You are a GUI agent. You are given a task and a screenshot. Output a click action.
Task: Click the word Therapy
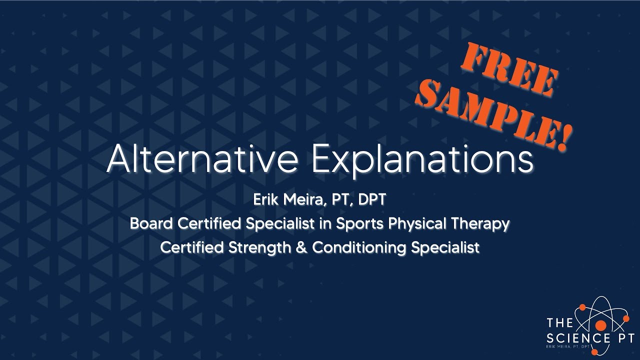(x=480, y=224)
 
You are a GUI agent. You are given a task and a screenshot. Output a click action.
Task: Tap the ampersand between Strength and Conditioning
(x=301, y=247)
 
